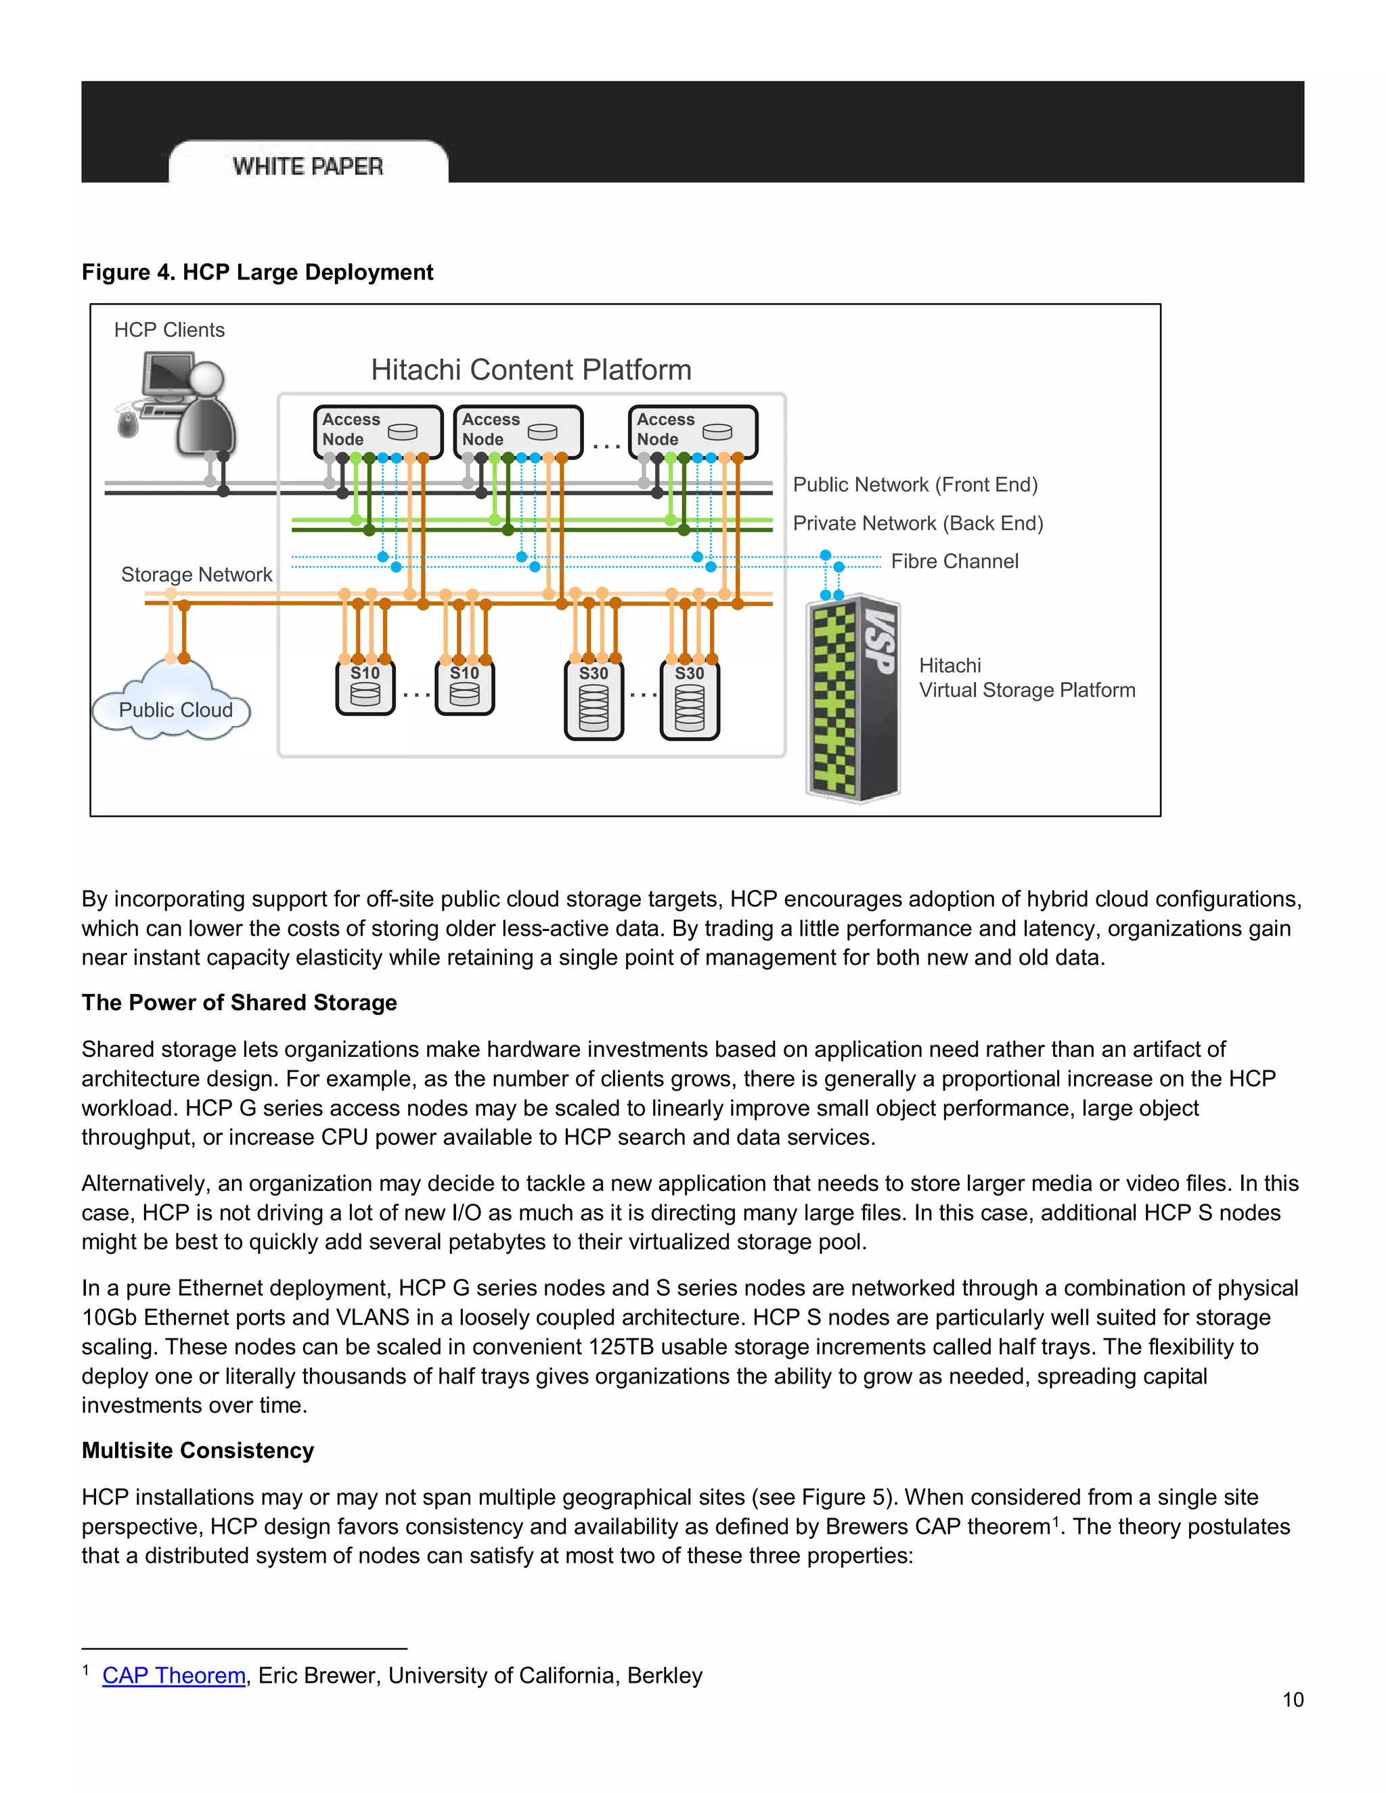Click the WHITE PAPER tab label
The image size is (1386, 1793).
click(308, 166)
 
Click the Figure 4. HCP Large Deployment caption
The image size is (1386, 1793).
click(257, 272)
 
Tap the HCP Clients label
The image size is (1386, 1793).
click(169, 330)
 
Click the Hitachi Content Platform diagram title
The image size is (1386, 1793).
click(531, 369)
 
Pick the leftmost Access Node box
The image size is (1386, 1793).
click(378, 430)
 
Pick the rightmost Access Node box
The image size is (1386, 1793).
click(692, 430)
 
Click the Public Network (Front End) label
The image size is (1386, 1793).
click(915, 484)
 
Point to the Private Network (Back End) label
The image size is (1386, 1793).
click(917, 523)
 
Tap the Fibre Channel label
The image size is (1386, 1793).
click(954, 562)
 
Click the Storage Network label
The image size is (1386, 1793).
click(196, 574)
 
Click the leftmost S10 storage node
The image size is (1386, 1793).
click(365, 688)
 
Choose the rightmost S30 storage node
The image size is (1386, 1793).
click(690, 700)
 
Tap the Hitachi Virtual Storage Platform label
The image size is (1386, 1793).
click(1027, 678)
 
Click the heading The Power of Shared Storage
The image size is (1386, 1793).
click(239, 1003)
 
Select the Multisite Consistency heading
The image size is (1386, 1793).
click(198, 1451)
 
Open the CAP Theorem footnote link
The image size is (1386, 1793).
click(174, 1675)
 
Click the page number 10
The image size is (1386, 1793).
click(1293, 1700)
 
